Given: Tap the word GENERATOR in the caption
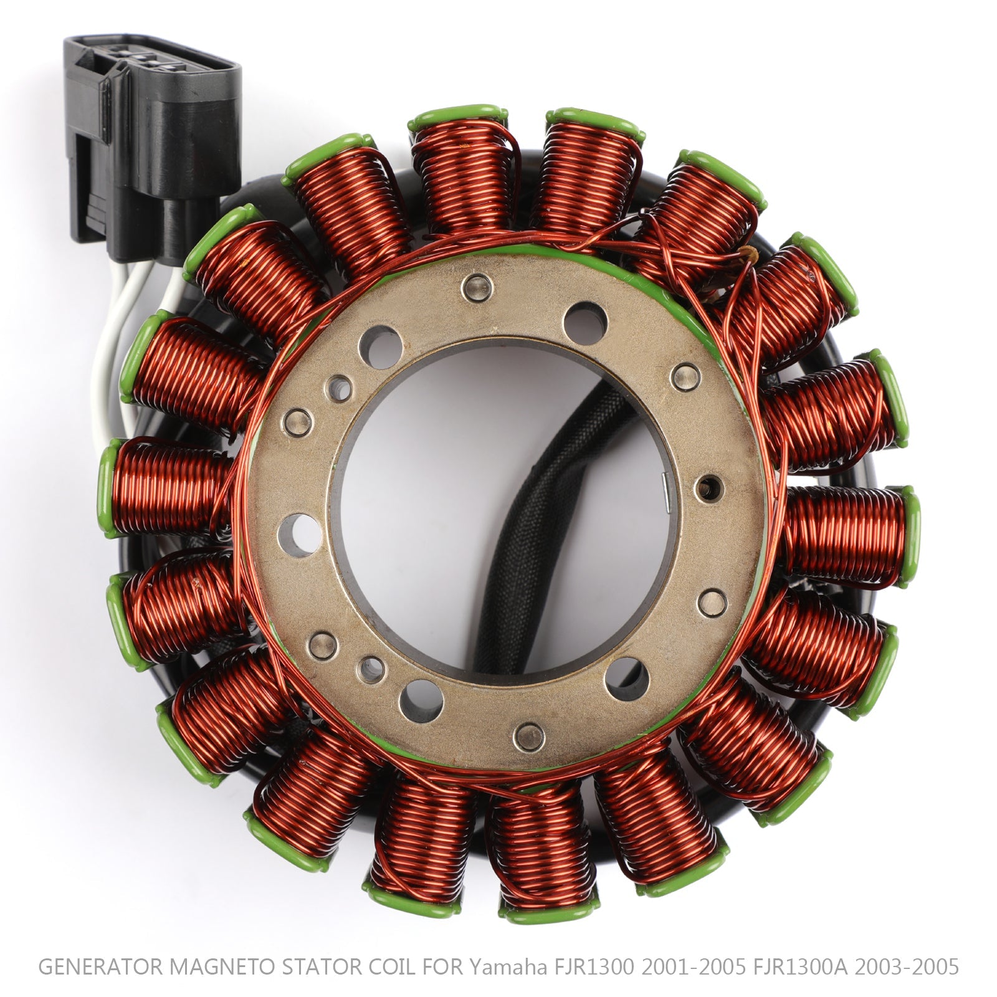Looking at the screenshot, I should click(100, 966).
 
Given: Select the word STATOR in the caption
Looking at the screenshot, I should click(322, 966).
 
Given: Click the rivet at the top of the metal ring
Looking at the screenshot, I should click(477, 287).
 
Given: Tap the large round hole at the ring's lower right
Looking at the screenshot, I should click(626, 678).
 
